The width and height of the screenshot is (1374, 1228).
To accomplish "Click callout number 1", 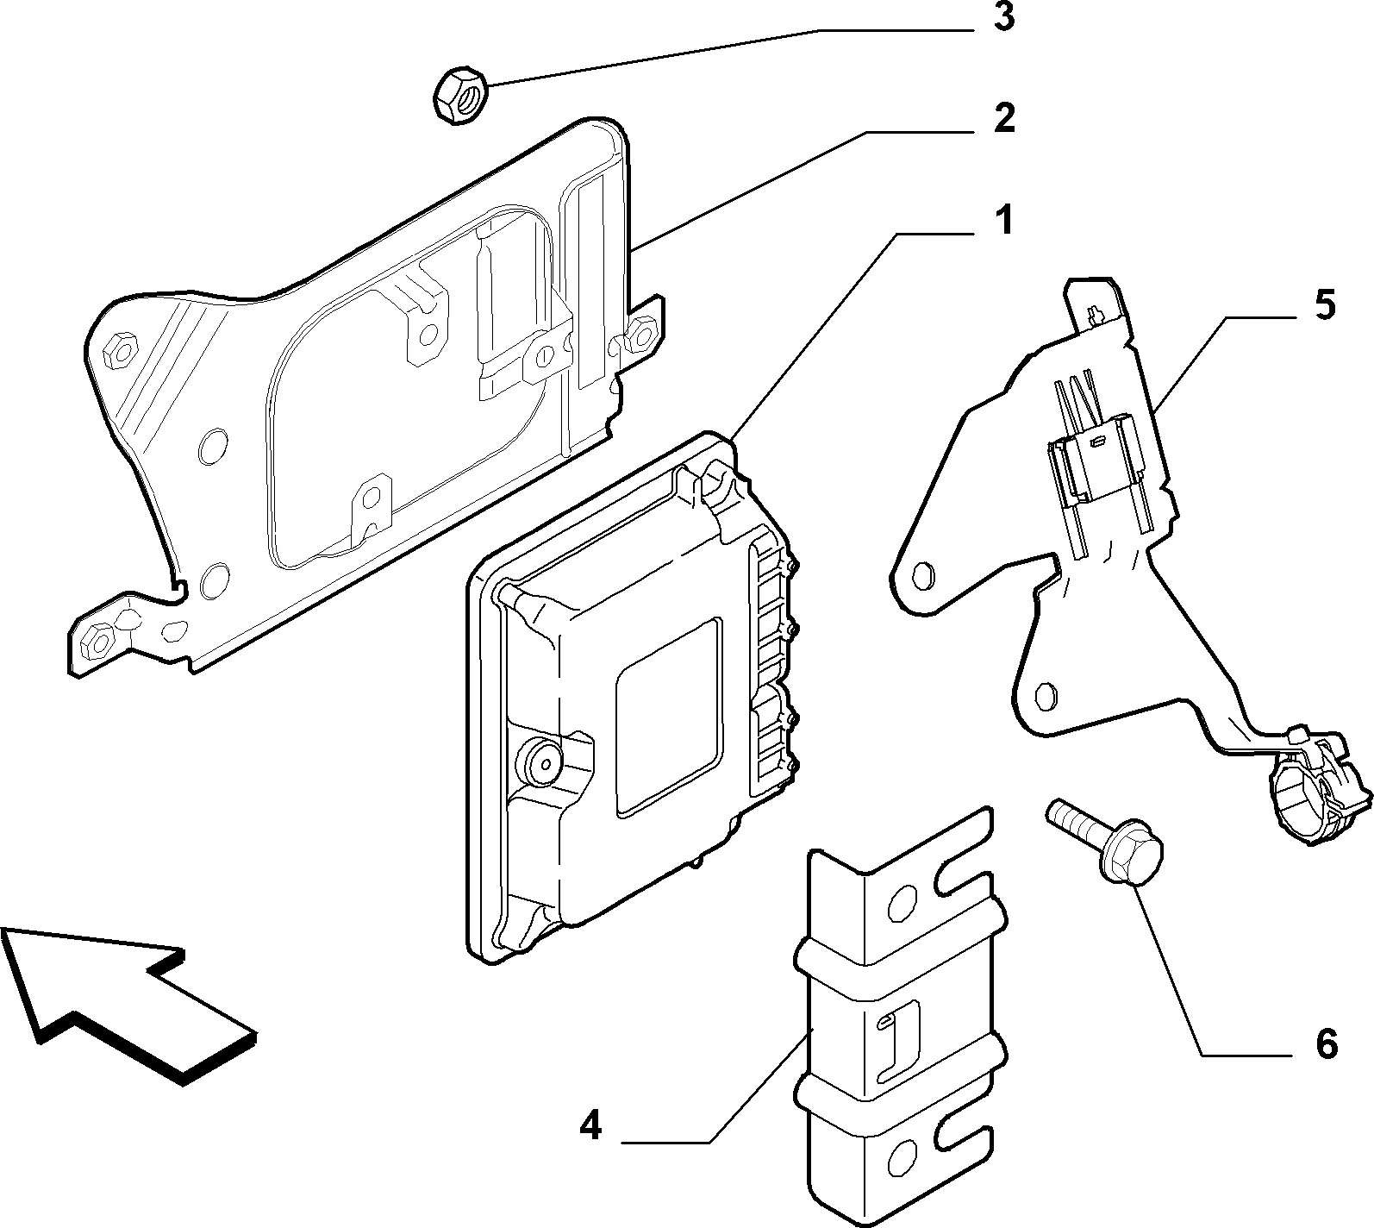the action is click(x=1002, y=222).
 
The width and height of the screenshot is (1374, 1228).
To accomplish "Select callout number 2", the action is click(x=1002, y=120).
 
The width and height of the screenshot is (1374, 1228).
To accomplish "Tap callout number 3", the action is click(x=1002, y=18).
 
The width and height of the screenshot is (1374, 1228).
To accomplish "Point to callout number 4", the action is click(x=590, y=1125).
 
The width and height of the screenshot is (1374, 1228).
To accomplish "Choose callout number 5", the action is click(x=1324, y=305).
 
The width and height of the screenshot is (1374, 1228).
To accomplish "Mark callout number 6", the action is click(x=1326, y=1044).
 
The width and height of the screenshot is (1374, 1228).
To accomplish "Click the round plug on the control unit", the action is click(x=540, y=761).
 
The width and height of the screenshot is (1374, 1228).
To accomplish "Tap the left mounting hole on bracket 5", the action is click(x=923, y=574).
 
